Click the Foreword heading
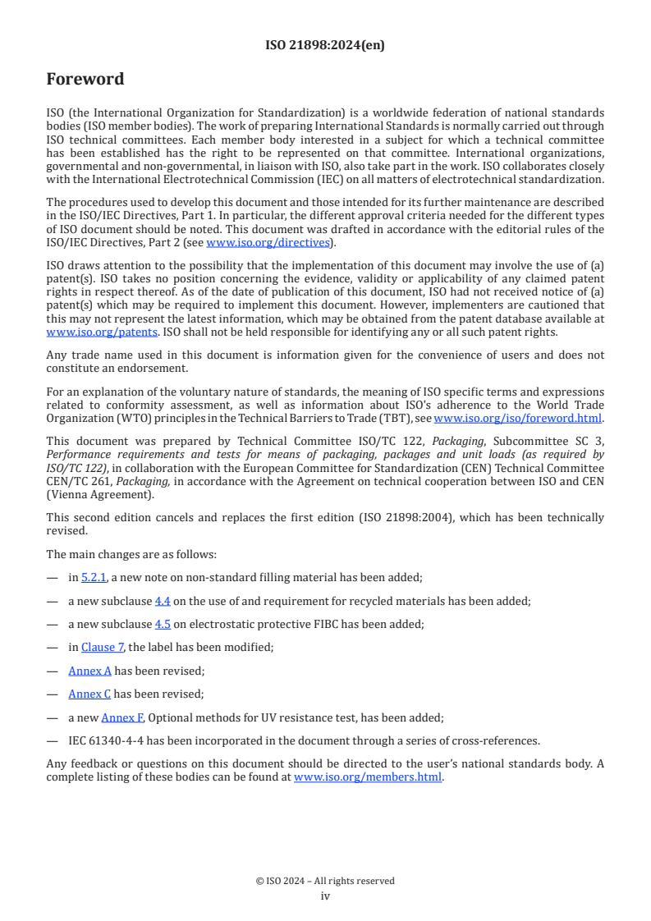pyautogui.click(x=85, y=80)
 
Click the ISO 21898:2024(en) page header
pyautogui.click(x=325, y=46)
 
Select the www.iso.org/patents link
pyautogui.click(x=80, y=332)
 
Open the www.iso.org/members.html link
pyautogui.click(x=368, y=777)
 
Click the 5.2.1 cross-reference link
pyautogui.click(x=94, y=578)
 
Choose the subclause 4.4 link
pyautogui.click(x=163, y=601)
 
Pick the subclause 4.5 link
pyautogui.click(x=163, y=624)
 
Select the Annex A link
pyautogui.click(x=89, y=671)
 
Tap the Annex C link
pyautogui.click(x=89, y=694)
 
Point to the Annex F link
pyautogui.click(x=122, y=717)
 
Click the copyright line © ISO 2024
pyautogui.click(x=325, y=881)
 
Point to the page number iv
pyautogui.click(x=325, y=896)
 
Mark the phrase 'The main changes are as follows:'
pyautogui.click(x=131, y=554)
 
